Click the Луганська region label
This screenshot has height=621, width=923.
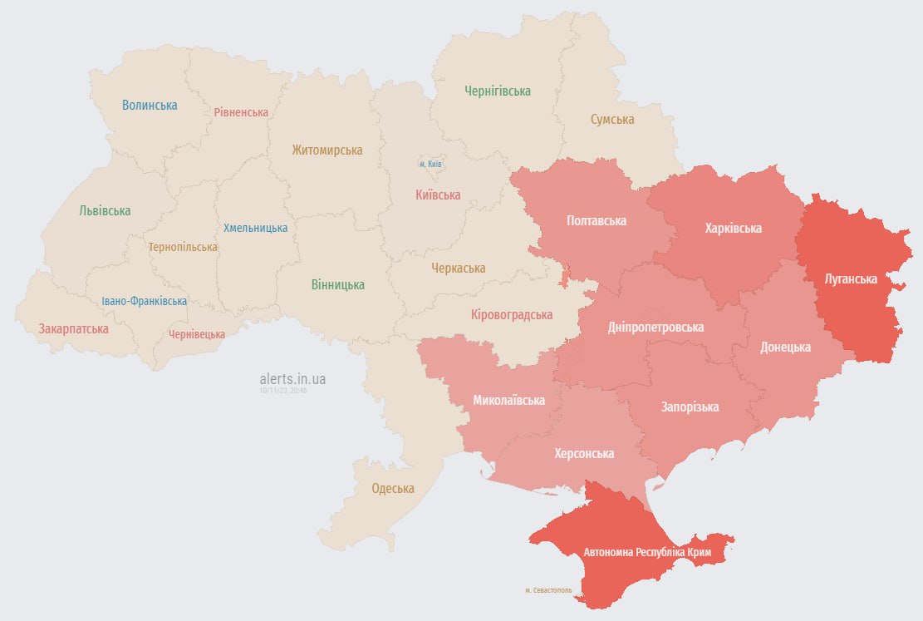click(x=850, y=279)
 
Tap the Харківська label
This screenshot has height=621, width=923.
click(x=733, y=228)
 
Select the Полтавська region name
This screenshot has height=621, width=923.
click(x=596, y=221)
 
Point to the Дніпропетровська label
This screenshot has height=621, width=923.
click(x=655, y=328)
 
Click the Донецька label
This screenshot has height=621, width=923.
click(x=785, y=347)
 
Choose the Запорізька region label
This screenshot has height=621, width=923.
click(x=690, y=407)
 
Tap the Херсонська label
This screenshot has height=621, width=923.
click(x=584, y=454)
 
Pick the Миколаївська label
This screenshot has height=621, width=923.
click(x=508, y=401)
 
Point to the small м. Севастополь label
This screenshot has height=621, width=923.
click(x=548, y=590)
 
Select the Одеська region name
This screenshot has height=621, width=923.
click(x=392, y=489)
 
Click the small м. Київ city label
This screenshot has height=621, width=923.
click(x=430, y=165)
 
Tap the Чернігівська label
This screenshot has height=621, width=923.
click(x=498, y=91)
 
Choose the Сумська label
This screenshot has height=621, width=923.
click(x=612, y=120)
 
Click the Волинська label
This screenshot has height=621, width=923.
click(x=150, y=106)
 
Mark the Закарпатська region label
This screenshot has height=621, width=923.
click(x=73, y=329)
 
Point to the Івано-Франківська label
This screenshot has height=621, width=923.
click(x=145, y=302)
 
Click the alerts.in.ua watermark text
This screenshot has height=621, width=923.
click(x=292, y=379)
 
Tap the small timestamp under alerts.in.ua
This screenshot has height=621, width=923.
click(x=282, y=390)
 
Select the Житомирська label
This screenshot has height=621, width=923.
click(x=326, y=150)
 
